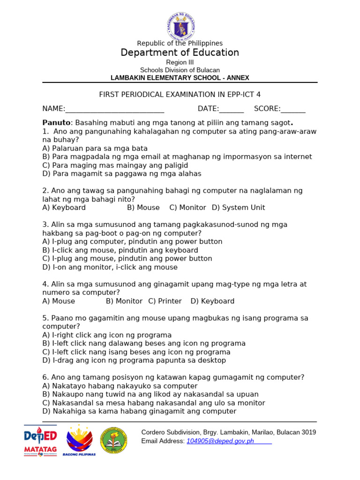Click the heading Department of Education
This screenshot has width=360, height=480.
pyautogui.click(x=180, y=52)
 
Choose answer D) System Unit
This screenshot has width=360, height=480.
pyautogui.click(x=239, y=207)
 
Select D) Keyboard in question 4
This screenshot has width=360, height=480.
pyautogui.click(x=212, y=301)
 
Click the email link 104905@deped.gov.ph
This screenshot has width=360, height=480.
pyautogui.click(x=220, y=441)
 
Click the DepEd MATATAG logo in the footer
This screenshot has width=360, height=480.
pyautogui.click(x=40, y=441)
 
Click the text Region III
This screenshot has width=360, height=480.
pyautogui.click(x=180, y=62)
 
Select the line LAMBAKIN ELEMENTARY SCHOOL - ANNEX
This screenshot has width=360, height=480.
pyautogui.click(x=180, y=78)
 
